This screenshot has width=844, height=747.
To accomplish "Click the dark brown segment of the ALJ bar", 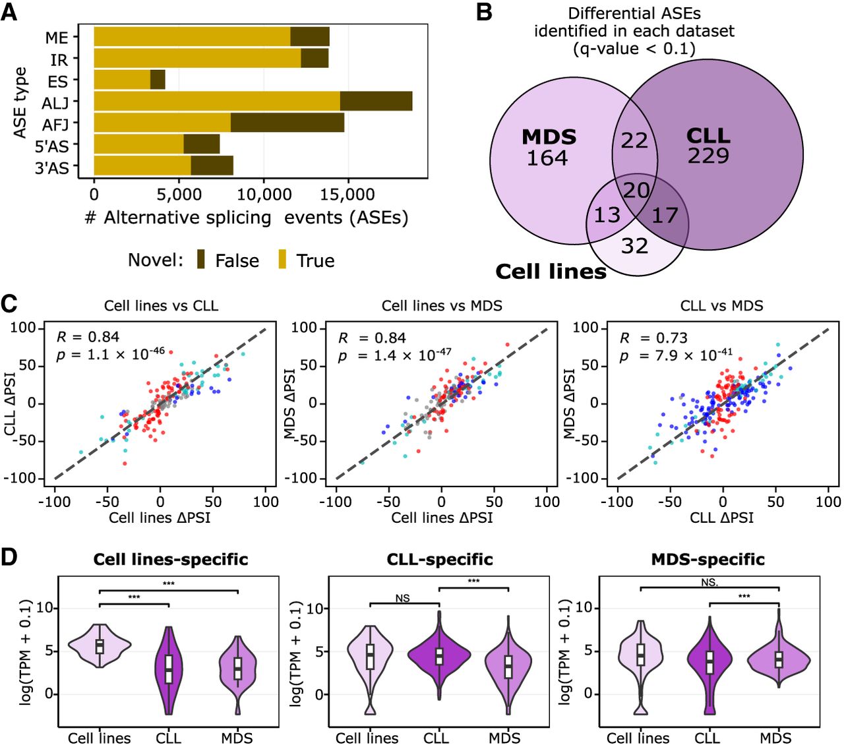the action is [x=376, y=102].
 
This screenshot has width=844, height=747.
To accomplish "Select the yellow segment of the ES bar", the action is [x=122, y=80].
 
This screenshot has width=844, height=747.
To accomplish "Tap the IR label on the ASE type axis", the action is [x=59, y=60].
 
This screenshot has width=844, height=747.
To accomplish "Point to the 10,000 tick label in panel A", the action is [x=264, y=194].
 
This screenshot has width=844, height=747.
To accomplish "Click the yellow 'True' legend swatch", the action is [x=282, y=259].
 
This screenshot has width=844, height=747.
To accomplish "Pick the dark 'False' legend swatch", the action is [x=201, y=259].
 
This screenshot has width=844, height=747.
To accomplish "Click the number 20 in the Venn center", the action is [x=636, y=191].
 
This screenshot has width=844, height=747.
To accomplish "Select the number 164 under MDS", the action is [x=547, y=158].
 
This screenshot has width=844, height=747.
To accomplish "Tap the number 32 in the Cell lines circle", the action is [x=635, y=246].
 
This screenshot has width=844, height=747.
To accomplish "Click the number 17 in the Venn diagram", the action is [x=665, y=216].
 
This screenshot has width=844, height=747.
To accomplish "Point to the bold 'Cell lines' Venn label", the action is [x=551, y=272].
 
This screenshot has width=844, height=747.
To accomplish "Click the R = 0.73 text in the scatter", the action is [x=653, y=338].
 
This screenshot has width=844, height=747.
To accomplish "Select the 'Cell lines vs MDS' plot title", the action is [x=442, y=306].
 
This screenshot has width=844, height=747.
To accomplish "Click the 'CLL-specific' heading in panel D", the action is [x=440, y=559].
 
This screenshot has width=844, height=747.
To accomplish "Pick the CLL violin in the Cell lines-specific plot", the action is [x=169, y=671].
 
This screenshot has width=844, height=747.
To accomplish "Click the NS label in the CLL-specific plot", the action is [x=402, y=598].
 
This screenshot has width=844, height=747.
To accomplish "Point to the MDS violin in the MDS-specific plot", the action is [x=778, y=658].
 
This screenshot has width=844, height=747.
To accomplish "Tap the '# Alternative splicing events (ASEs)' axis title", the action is [x=246, y=218].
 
